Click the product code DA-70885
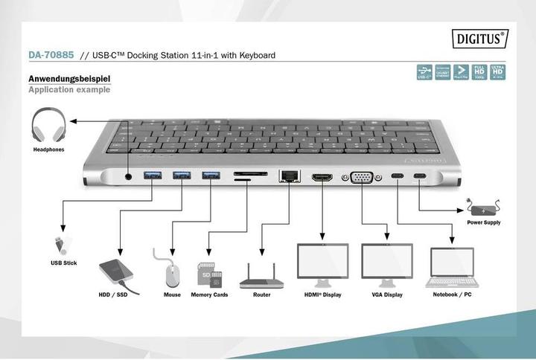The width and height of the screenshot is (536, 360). [51, 55]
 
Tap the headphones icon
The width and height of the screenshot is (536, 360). [48, 126]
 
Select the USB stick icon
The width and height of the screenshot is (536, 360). [60, 244]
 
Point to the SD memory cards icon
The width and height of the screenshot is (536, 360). [209, 274]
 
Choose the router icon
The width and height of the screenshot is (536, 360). [261, 277]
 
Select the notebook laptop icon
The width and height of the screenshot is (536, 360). [452, 267]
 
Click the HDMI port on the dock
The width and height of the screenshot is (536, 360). [322, 178]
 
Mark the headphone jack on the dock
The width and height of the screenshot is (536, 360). [130, 176]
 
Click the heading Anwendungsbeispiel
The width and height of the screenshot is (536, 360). [70, 78]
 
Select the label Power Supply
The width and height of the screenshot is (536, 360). [484, 222]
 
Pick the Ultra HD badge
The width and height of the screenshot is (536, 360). [497, 71]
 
